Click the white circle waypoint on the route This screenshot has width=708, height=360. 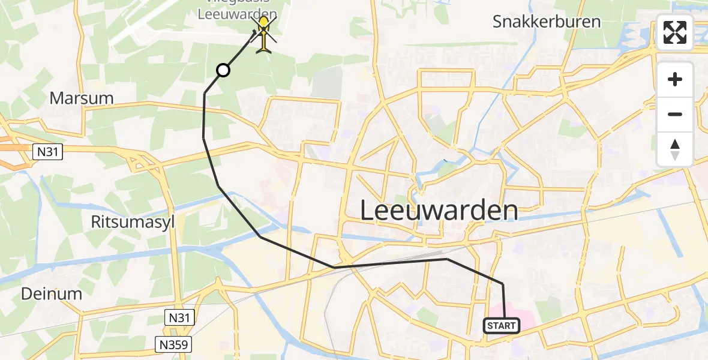[223, 70]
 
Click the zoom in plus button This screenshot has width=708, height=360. [675, 80]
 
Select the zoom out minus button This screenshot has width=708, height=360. [675, 114]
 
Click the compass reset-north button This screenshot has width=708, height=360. [675, 149]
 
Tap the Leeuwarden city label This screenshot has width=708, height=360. [439, 211]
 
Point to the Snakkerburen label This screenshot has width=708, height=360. [546, 22]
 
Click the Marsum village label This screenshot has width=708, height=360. [82, 98]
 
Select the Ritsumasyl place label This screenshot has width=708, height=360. [133, 221]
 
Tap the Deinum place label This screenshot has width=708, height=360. [51, 293]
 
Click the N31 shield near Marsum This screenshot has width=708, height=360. [47, 152]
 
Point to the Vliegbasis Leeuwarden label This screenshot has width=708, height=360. [238, 12]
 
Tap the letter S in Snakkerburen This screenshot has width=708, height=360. [499, 22]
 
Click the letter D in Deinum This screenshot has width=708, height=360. [27, 293]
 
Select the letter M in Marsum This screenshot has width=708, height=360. [58, 98]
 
